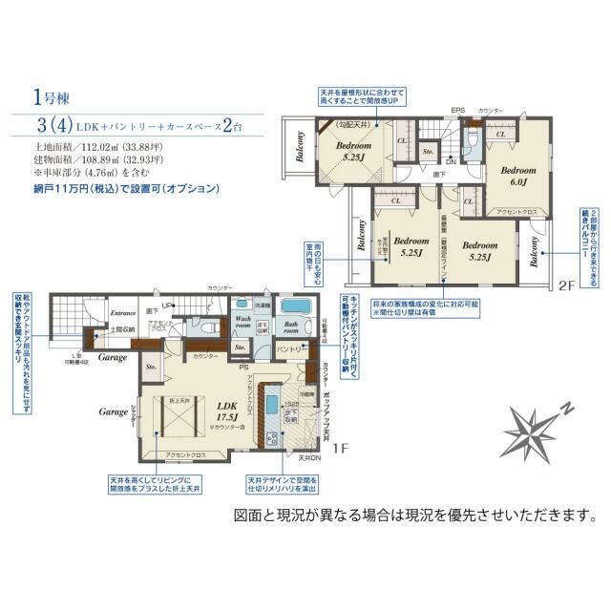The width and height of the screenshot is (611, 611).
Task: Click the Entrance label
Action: click(x=122, y=312)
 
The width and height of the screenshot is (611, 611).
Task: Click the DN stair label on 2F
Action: click(x=451, y=162)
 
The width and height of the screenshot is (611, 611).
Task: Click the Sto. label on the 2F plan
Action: click(x=429, y=151)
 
